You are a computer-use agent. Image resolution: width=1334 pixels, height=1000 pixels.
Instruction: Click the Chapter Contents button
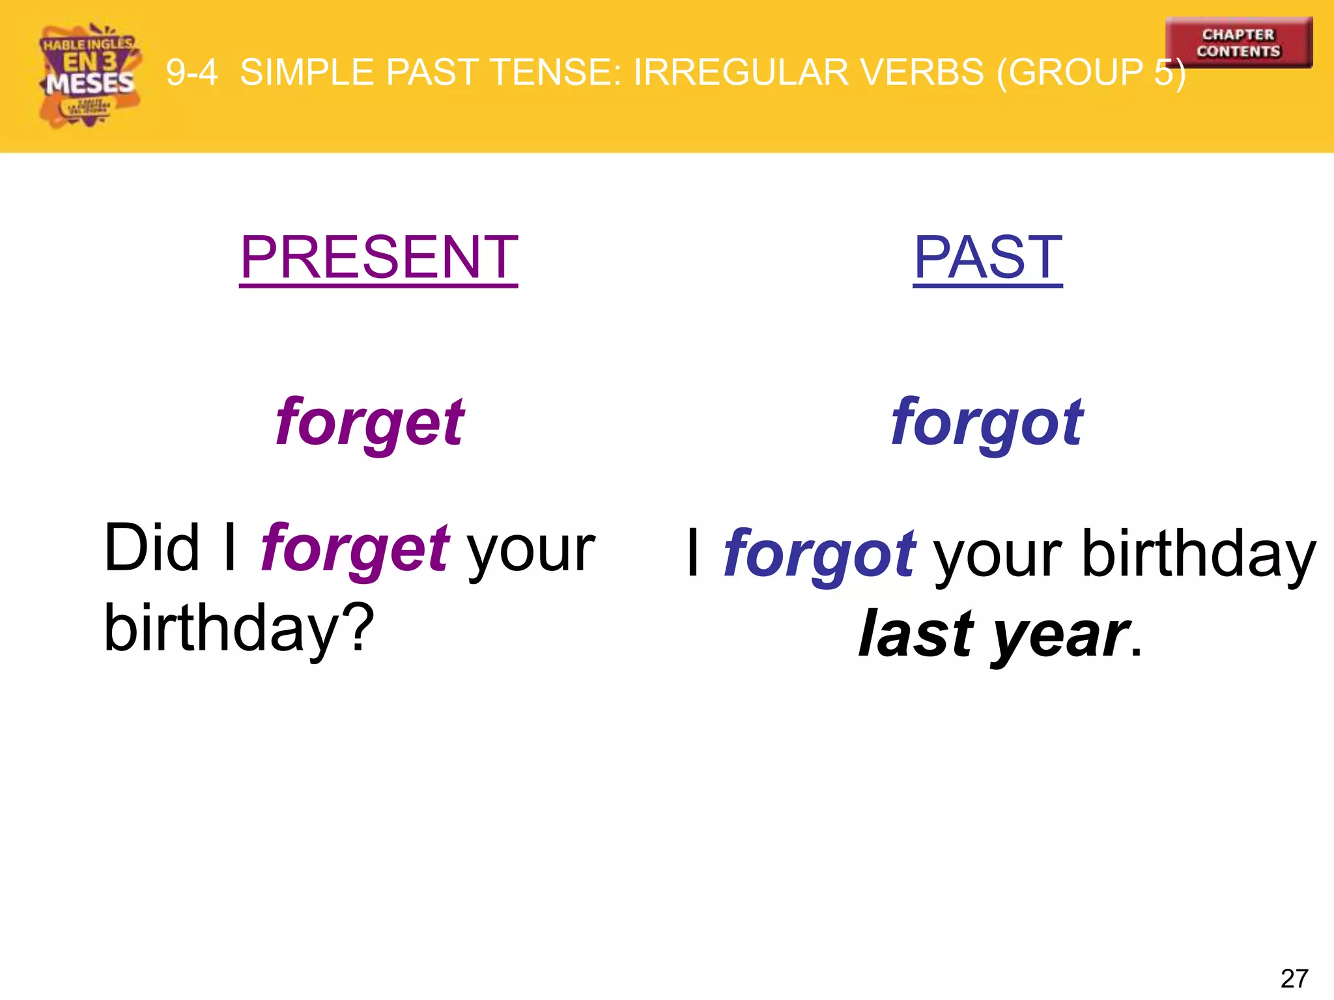coord(1238,42)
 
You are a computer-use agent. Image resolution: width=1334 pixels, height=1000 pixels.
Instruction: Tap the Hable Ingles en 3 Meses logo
coord(89,75)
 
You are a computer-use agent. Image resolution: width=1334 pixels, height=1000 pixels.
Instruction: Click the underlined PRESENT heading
coord(378,258)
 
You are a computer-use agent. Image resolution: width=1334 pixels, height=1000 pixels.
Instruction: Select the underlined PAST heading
coord(987,258)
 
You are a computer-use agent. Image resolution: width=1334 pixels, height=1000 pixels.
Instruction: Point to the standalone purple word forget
coord(370,423)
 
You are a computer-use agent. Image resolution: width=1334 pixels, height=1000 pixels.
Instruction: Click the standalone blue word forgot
coord(987,423)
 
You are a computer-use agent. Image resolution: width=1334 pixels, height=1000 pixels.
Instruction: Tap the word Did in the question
coord(151,549)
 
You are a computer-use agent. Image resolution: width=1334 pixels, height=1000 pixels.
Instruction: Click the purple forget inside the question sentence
coord(355,549)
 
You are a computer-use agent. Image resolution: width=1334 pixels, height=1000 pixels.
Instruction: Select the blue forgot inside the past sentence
coord(819,555)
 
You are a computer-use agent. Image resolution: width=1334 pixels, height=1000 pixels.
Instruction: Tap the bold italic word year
coord(1062,635)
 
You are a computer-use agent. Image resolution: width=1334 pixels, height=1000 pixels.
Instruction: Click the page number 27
coord(1294,979)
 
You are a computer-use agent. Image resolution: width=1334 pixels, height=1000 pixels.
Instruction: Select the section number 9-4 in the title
coord(192,72)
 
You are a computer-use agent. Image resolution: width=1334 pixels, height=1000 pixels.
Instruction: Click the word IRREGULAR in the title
coord(741,72)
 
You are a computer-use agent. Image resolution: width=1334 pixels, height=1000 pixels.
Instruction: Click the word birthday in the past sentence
coord(1199,555)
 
